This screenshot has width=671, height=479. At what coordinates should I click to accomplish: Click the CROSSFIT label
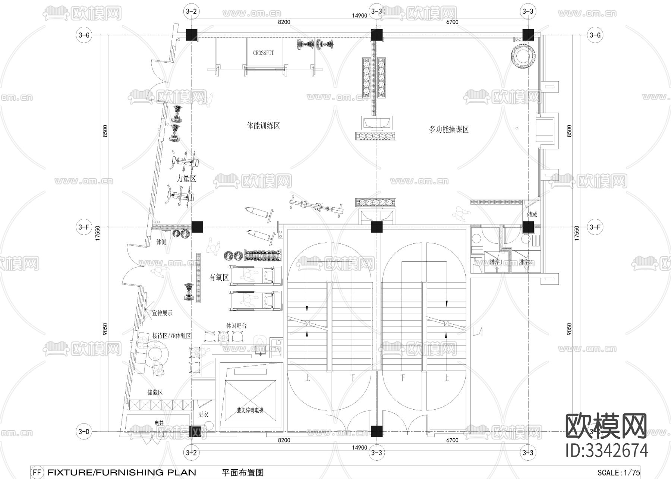click(263, 53)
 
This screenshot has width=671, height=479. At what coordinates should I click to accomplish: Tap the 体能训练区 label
click(263, 126)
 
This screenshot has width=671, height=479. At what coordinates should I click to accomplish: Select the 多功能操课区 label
click(448, 129)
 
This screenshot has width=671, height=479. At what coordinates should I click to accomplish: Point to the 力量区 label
click(186, 179)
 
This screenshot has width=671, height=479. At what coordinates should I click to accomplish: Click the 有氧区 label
click(218, 277)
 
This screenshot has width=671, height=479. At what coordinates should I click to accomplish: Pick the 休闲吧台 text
click(236, 325)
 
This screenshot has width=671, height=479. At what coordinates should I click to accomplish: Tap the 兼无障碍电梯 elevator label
click(250, 410)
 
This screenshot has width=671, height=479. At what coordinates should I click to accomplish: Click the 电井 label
click(159, 423)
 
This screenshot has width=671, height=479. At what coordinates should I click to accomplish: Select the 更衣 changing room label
click(203, 414)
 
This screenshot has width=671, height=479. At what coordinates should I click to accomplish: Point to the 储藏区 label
click(155, 392)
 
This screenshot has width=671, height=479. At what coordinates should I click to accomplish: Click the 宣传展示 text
click(162, 313)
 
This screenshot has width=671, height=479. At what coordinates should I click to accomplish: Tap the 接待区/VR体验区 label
click(171, 335)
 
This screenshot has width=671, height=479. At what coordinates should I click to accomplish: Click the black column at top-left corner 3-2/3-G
click(191, 34)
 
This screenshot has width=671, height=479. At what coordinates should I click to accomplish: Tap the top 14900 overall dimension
click(360, 15)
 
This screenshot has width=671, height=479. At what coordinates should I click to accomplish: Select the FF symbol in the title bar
click(37, 472)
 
